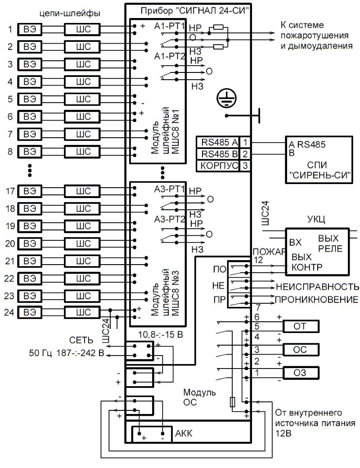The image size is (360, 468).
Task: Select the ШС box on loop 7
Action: pyautogui.click(x=80, y=134)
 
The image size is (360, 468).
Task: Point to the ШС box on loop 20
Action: pyautogui.click(x=80, y=244)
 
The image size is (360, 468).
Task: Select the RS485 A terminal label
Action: pyautogui.click(x=218, y=143)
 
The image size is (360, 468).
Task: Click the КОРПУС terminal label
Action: pyautogui.click(x=218, y=165)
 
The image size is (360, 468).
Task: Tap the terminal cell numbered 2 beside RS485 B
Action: pyautogui.click(x=245, y=154)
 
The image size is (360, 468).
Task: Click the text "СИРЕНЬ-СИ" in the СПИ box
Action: pyautogui.click(x=320, y=175)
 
